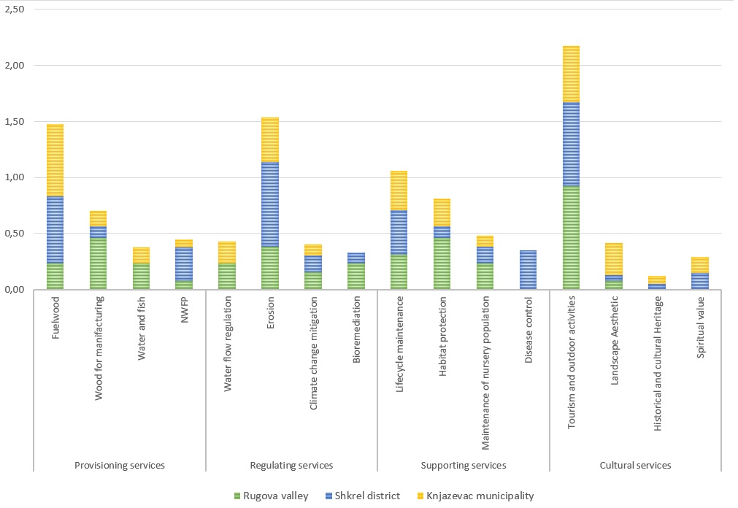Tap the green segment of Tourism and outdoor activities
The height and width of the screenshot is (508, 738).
571,238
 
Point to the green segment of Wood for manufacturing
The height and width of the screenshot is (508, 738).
98,263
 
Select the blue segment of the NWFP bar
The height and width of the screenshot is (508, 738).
184,263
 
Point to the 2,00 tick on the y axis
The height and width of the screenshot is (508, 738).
15,66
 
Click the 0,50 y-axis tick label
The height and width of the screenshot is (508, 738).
15,234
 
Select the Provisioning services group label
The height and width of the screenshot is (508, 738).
120,465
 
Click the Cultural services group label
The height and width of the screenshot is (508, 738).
635,465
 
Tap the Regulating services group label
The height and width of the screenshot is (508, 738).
291,465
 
